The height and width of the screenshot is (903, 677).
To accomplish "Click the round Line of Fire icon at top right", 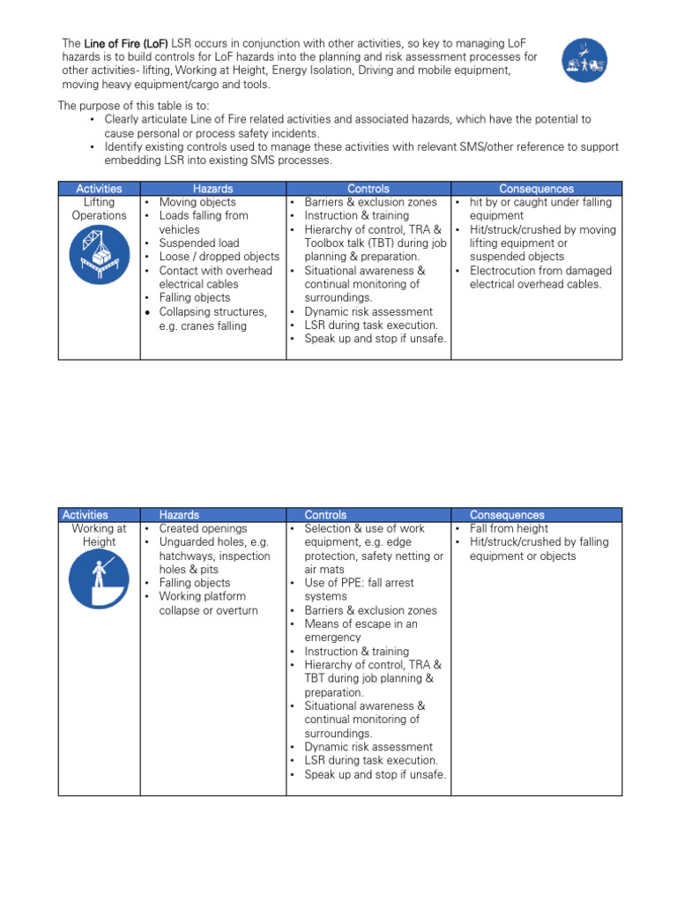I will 589,60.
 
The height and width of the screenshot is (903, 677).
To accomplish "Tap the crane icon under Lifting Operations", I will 99,257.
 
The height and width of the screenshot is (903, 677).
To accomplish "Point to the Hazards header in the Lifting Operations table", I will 212,189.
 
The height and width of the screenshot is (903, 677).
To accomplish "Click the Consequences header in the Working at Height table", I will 507,515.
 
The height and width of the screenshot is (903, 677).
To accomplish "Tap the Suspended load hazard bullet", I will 198,243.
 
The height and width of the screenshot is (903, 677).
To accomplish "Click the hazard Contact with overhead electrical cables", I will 215,278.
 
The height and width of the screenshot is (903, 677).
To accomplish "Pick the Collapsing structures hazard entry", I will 212,318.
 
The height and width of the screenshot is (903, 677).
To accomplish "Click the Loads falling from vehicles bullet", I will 203,222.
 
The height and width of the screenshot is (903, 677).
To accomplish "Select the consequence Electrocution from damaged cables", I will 535,278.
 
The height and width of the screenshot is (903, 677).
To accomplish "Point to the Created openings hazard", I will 203,529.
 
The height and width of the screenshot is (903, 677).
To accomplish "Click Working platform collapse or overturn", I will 208,603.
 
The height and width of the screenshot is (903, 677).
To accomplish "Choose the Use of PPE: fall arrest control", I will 359,590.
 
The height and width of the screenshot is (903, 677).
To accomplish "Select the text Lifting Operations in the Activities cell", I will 99,209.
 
